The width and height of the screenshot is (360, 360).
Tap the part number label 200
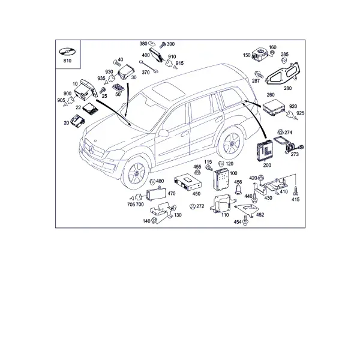(267, 165)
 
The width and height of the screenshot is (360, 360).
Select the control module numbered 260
(274, 107)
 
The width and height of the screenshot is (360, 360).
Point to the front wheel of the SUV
(136, 172)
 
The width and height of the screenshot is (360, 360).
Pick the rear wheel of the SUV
(231, 143)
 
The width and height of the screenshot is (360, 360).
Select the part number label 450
(196, 194)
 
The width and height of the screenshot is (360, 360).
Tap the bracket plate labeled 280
(283, 73)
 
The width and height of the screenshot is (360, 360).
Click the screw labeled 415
(296, 190)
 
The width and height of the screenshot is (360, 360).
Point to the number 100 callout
(233, 173)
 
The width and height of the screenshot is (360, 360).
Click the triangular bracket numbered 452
(247, 209)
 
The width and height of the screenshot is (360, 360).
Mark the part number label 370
(146, 73)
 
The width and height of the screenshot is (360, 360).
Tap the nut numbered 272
(193, 206)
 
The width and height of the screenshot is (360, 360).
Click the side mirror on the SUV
(163, 133)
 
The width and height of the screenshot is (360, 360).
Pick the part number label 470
(172, 194)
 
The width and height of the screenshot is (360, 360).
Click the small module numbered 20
(77, 121)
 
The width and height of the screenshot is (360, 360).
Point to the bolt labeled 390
(163, 44)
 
